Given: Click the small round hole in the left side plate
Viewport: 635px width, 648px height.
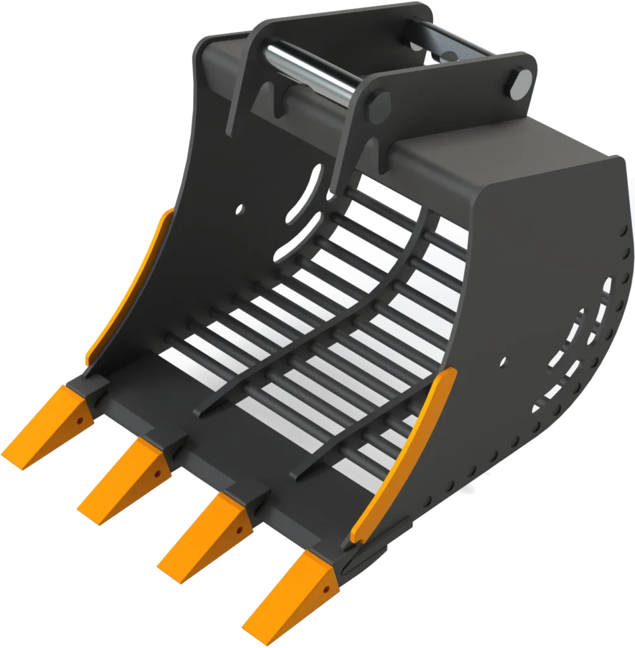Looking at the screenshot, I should tap(240, 208).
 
